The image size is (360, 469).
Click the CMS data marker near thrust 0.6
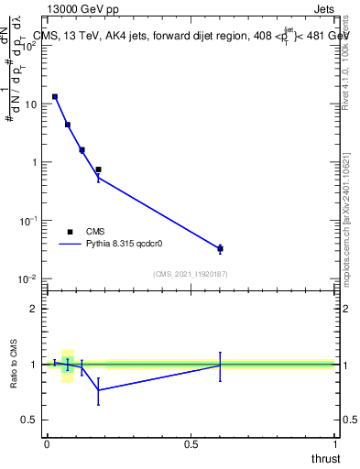coord(220,248)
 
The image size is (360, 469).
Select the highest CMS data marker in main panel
coord(55,96)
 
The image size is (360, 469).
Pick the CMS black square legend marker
coord(70,232)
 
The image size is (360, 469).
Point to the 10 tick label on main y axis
coord(29,104)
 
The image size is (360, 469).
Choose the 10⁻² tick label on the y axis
coord(27,278)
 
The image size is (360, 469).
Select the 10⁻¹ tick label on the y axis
coord(27,221)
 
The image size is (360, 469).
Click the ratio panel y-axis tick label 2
coord(34,310)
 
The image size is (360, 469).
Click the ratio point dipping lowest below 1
coord(98,390)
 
